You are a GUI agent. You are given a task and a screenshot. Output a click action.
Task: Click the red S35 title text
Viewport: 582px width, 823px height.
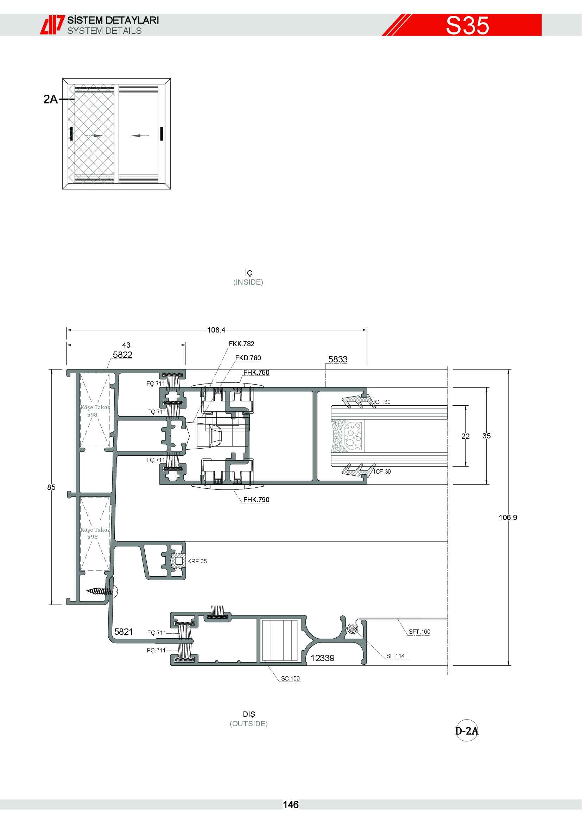click(467, 25)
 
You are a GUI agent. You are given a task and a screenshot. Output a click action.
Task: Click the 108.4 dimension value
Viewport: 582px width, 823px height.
click(216, 330)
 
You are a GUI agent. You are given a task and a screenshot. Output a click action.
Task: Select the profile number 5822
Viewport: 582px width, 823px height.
click(122, 355)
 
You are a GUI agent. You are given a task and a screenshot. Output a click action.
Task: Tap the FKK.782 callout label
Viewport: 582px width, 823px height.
click(241, 344)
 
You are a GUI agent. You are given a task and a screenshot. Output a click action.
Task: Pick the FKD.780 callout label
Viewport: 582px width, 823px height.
click(248, 358)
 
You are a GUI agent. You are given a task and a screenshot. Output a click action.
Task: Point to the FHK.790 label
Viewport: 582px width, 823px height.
click(256, 499)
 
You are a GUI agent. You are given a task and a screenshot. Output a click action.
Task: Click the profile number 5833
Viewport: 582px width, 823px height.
click(338, 359)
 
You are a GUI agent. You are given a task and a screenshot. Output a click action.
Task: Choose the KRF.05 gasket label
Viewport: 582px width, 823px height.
click(197, 561)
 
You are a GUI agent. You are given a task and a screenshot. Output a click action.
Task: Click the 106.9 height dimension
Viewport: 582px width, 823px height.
click(508, 517)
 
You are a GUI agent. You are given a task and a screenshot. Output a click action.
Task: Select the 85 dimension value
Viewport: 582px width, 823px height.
click(51, 487)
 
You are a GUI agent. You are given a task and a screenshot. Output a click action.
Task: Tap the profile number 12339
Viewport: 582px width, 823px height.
click(323, 658)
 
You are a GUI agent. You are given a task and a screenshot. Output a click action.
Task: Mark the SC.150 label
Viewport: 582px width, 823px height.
click(290, 678)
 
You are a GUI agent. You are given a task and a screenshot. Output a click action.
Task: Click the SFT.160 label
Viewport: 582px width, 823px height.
click(419, 632)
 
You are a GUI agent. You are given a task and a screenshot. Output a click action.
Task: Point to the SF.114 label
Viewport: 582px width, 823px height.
click(395, 656)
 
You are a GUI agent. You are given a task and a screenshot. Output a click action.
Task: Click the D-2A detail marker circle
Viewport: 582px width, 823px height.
click(467, 730)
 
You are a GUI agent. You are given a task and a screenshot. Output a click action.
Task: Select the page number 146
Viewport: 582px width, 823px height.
click(291, 805)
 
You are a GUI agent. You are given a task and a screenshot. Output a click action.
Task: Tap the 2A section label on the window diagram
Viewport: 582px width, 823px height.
click(51, 99)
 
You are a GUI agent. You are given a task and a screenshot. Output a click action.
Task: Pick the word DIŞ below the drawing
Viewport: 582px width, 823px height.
click(249, 714)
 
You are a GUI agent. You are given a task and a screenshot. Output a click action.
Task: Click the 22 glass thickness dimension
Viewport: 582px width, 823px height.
click(465, 436)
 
